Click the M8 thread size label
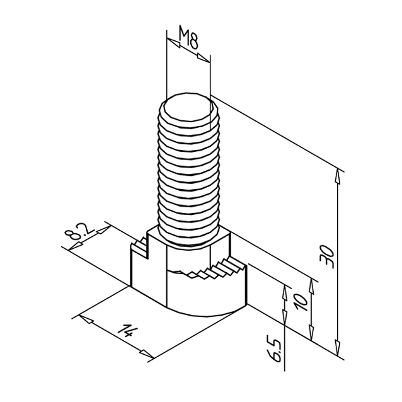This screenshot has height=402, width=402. pos(188,37)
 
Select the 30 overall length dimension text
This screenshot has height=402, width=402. pos(327,256)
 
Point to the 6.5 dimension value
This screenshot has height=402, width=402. pos(273,348)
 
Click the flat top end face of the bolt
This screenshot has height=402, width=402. pos(188,109)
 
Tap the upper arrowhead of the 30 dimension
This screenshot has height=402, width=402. pos(338,177)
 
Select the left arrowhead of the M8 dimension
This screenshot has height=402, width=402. pos(173,43)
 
